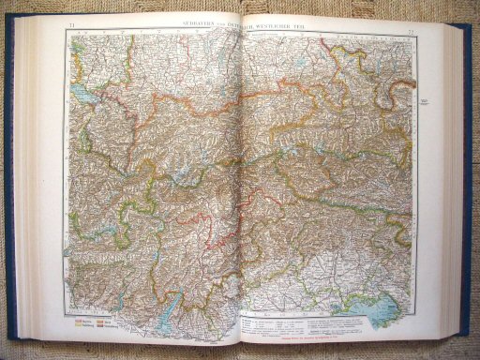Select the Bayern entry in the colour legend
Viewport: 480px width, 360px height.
[x=81, y=318]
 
